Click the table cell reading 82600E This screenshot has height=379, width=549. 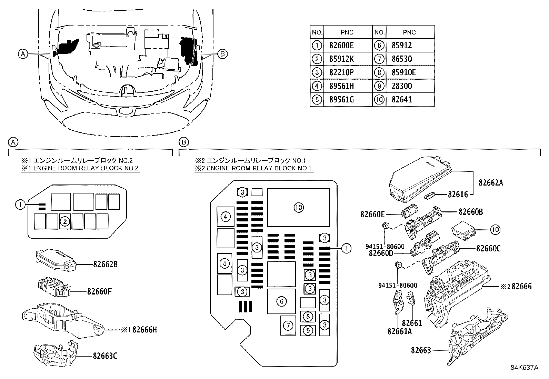(x=341, y=46)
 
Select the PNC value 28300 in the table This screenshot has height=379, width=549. (x=402, y=86)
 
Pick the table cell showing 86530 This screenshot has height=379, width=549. (x=402, y=59)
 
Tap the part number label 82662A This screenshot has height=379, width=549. (x=491, y=183)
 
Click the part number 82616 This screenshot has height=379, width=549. (x=458, y=195)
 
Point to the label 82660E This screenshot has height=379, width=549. (x=372, y=214)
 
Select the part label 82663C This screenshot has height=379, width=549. (x=105, y=356)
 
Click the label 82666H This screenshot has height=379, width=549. (x=144, y=330)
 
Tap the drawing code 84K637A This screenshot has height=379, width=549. (x=525, y=368)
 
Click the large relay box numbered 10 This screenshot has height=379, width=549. (x=298, y=207)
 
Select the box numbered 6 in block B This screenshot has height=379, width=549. (x=281, y=301)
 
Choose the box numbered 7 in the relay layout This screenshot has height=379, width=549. (x=288, y=326)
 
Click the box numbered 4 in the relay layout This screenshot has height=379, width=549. (x=226, y=217)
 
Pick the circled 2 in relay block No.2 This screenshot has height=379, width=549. (x=65, y=222)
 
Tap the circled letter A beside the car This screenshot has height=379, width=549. (x=23, y=54)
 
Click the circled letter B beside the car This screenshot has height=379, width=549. (x=222, y=54)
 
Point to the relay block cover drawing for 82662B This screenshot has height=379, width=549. (x=56, y=260)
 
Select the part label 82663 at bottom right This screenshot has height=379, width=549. (x=421, y=350)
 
